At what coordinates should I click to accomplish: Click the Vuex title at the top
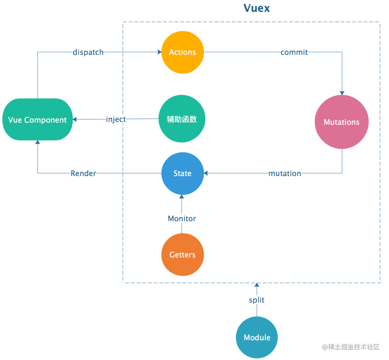pos(256,8)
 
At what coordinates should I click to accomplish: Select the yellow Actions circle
pos(182,52)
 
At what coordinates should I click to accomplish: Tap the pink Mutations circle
pos(341,122)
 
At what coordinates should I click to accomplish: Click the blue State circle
pos(182,174)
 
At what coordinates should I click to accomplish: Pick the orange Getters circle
pos(182,255)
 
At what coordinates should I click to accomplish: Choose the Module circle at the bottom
pos(257,337)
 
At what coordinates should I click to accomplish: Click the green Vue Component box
pos(37,120)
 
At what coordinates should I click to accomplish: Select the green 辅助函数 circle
pos(182,119)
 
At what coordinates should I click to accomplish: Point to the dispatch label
pos(88,52)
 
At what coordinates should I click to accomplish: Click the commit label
pos(294,52)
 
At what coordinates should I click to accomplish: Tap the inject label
pos(116,119)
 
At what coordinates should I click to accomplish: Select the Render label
pos(83,174)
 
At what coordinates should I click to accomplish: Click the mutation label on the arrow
pos(285,174)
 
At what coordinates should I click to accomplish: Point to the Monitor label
pos(182,218)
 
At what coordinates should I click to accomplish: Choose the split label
pos(256,300)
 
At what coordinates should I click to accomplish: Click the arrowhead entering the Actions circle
pos(159,52)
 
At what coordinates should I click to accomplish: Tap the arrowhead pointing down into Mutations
pos(342,93)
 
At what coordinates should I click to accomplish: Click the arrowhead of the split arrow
pos(256,285)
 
